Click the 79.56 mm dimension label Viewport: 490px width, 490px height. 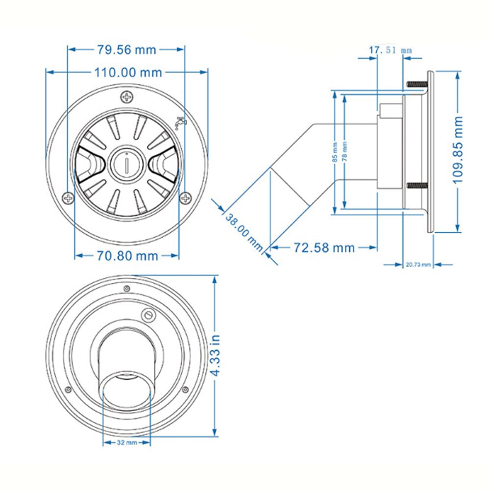[x=126, y=49]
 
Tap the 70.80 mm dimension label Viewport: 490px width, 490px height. [x=127, y=255]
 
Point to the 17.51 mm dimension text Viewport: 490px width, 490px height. [x=390, y=50]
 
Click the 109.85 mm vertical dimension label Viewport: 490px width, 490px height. [x=458, y=150]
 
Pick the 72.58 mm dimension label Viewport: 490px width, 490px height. [x=324, y=247]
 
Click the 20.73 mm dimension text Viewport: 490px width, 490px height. [x=418, y=265]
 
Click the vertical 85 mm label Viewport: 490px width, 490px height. [x=334, y=152]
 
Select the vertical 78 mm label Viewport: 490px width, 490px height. [x=345, y=152]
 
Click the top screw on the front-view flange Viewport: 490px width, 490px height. [x=127, y=97]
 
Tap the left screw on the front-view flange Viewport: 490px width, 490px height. [x=68, y=198]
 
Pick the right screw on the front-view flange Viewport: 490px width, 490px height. [x=186, y=198]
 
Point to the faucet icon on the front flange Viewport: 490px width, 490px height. [x=181, y=122]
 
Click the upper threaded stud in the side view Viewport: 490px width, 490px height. [x=416, y=85]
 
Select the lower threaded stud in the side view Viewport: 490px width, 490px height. [x=416, y=186]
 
